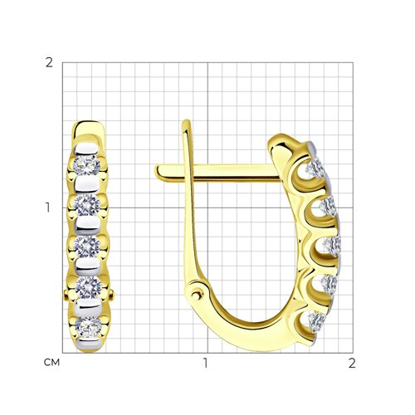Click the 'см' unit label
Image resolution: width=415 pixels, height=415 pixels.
pos(51,362)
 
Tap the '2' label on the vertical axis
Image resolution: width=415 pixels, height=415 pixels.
pos(49,63)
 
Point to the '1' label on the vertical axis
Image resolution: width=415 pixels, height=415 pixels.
pos(48,207)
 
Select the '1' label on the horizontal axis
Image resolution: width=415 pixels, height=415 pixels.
pos(205,363)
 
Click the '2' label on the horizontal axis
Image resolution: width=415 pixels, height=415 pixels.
pos(352,363)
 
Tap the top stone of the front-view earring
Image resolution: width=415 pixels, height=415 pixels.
pos(86,165)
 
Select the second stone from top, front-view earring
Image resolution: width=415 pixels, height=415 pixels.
pos(87,205)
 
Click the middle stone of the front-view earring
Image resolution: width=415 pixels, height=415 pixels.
pos(87,247)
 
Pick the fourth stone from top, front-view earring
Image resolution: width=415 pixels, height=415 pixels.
pos(89,287)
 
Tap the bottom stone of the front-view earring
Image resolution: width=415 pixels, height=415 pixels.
pos(89,327)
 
